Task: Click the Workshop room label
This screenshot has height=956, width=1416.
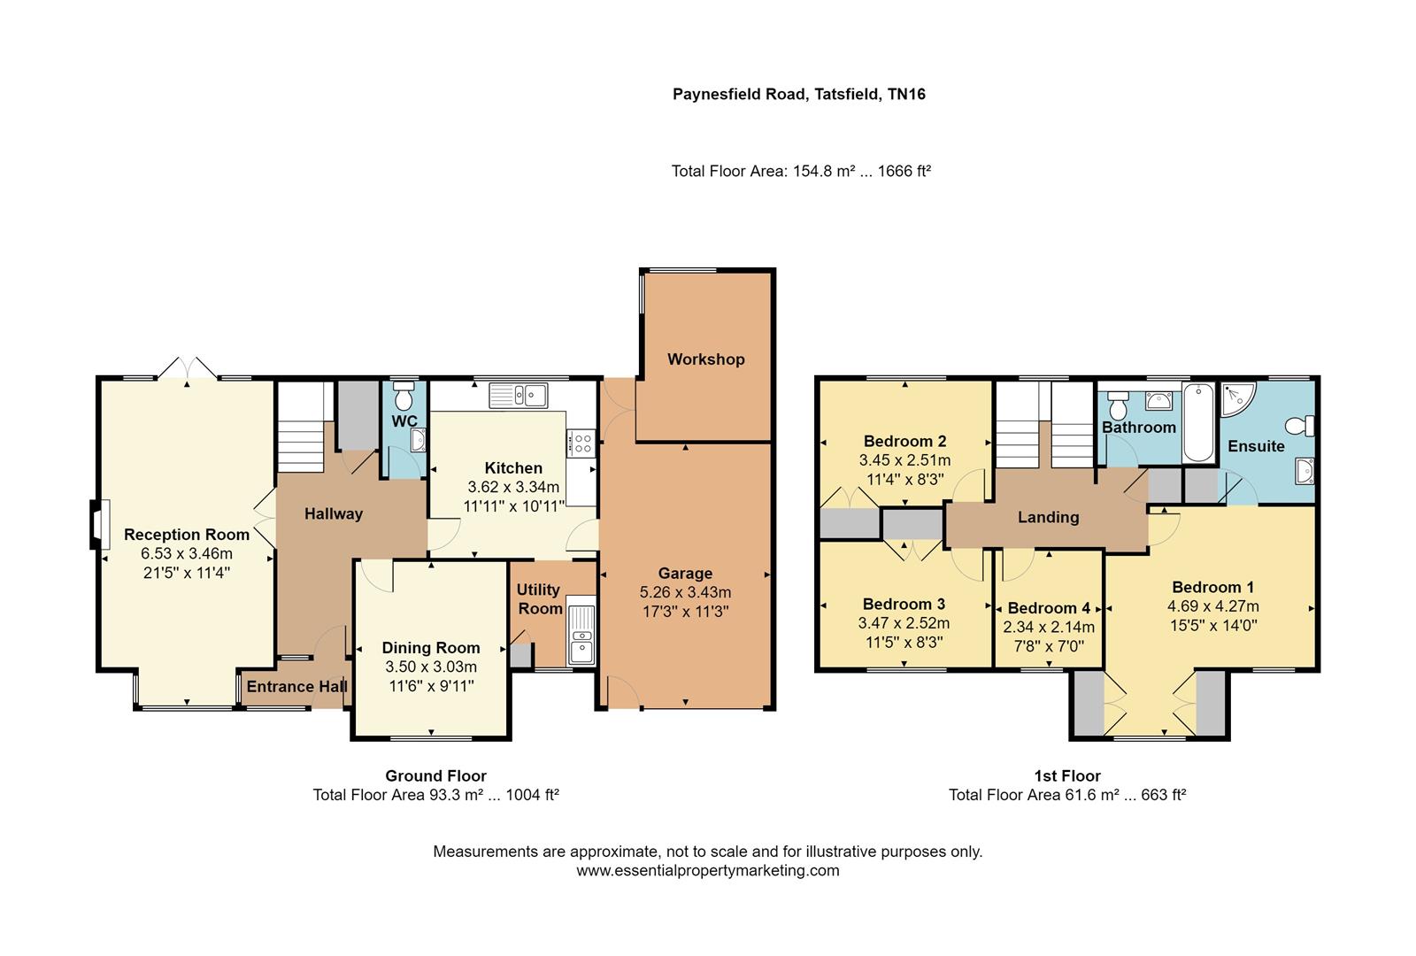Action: (705, 359)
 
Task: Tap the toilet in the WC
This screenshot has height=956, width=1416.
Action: (404, 392)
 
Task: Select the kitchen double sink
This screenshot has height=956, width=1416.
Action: (519, 395)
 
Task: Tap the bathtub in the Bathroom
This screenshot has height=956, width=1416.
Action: (1198, 423)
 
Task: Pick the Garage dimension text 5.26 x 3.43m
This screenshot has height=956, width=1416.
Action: (685, 592)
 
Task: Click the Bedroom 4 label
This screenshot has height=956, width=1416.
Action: (1049, 608)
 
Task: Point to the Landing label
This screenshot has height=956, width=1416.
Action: (1048, 517)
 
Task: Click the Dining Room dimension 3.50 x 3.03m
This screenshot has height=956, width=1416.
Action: (431, 667)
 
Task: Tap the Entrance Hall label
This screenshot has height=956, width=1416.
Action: (296, 686)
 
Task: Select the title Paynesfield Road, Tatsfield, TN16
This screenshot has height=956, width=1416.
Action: (798, 94)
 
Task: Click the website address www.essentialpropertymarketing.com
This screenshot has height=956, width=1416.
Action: (707, 870)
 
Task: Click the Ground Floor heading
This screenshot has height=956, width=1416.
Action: (435, 776)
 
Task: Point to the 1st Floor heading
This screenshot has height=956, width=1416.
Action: (1066, 776)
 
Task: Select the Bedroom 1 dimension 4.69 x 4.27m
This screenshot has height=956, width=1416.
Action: (1212, 606)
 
